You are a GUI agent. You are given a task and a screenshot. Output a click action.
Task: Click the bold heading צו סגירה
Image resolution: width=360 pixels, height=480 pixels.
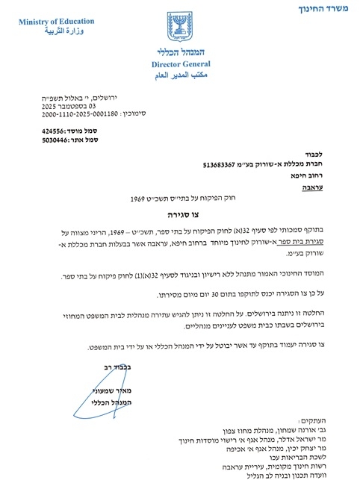coord(181,214)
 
